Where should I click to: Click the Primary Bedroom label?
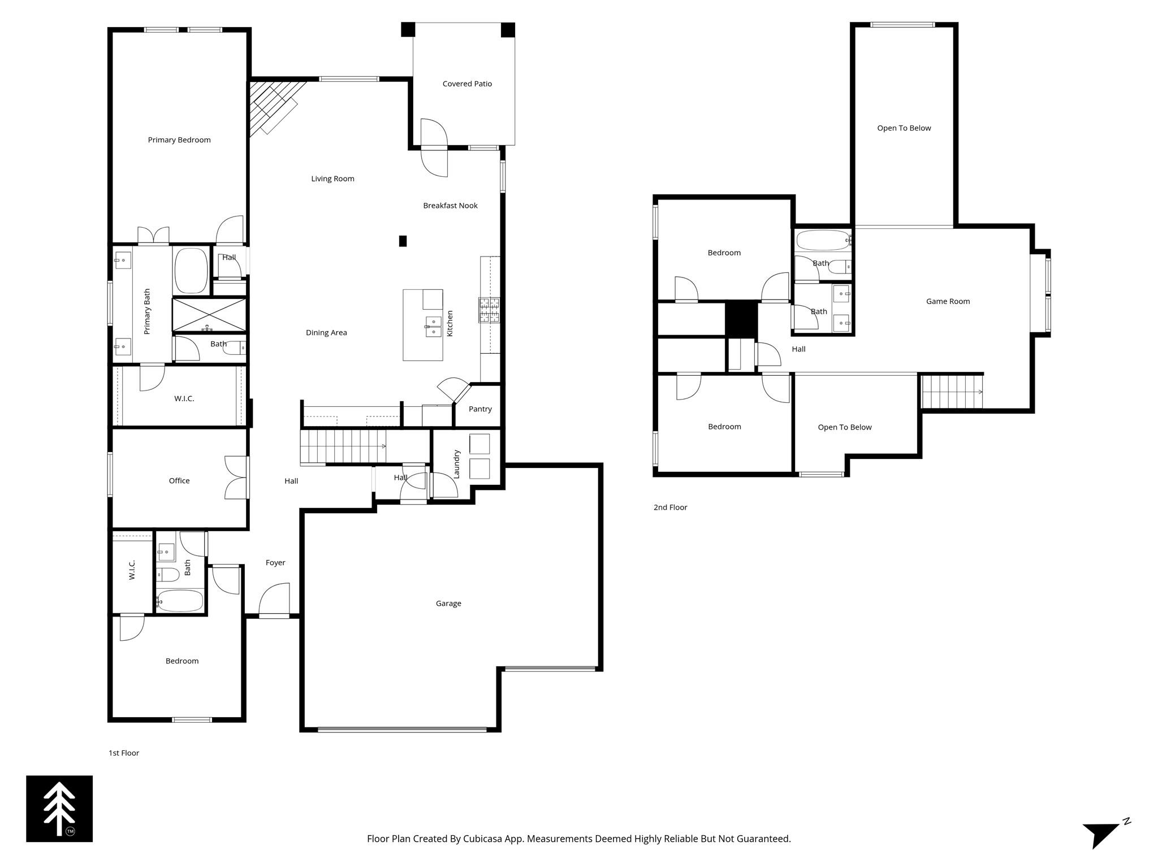[179, 140]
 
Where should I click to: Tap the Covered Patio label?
[467, 84]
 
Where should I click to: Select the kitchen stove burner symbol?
[489, 310]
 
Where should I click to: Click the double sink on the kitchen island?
[434, 326]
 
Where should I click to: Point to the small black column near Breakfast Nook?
[403, 241]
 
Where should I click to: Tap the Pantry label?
[480, 409]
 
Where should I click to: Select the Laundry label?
[457, 464]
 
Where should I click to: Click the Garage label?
[448, 604]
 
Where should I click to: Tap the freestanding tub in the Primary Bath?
[191, 271]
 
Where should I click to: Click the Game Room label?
[948, 302]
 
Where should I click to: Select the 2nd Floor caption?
[670, 507]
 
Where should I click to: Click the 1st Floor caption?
[124, 753]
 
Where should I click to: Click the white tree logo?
[59, 808]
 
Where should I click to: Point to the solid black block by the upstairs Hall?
[741, 319]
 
